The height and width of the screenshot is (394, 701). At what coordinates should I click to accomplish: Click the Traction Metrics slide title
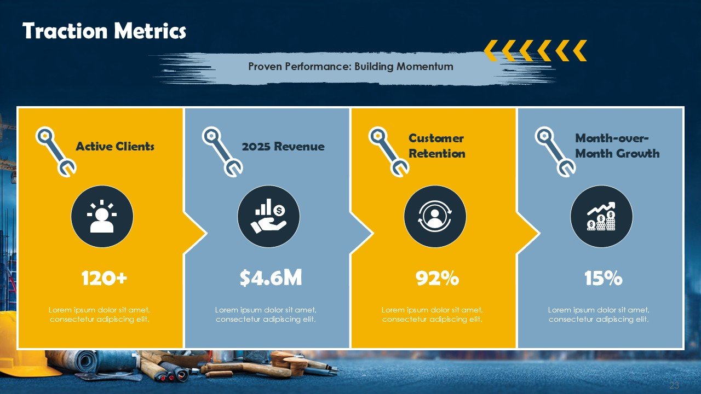(x=104, y=31)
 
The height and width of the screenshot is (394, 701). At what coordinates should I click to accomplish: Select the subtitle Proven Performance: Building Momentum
(x=350, y=67)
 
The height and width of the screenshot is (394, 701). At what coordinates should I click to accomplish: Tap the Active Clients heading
(x=115, y=147)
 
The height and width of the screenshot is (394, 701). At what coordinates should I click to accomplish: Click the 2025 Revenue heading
(x=283, y=147)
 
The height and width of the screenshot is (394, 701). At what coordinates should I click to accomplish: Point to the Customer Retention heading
(x=436, y=146)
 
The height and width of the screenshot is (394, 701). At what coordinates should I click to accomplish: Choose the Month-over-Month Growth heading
(x=617, y=146)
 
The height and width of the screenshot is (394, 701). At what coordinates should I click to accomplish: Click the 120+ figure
(x=104, y=279)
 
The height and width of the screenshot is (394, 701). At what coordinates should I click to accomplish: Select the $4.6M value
(x=271, y=279)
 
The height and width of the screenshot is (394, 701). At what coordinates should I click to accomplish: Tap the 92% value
(x=437, y=279)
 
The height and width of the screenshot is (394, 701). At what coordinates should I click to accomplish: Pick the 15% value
(x=603, y=279)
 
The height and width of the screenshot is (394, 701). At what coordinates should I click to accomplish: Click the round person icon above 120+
(x=102, y=216)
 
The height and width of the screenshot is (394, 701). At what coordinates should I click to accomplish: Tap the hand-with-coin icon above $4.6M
(x=268, y=216)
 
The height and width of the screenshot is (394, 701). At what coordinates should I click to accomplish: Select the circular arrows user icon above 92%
(x=435, y=216)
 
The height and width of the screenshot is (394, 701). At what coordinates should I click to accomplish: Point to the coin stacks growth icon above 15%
(x=601, y=216)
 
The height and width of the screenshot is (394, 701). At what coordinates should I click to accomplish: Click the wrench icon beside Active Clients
(x=55, y=151)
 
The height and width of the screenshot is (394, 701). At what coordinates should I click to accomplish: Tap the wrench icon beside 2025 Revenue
(x=222, y=151)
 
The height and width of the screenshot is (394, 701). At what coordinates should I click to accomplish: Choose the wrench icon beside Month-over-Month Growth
(x=555, y=151)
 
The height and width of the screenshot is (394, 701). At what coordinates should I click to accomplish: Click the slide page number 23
(x=674, y=385)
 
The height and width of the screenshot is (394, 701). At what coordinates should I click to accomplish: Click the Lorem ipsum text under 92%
(x=432, y=315)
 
